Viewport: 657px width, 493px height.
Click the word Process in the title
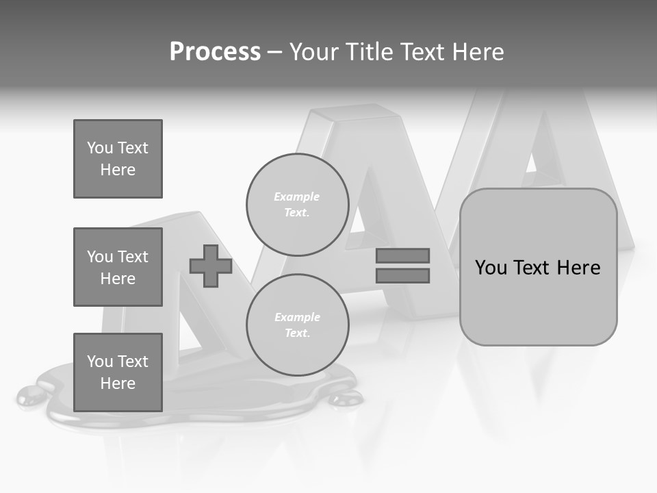(x=215, y=52)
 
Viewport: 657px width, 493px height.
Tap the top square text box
(x=118, y=159)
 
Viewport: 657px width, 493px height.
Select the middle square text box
(x=118, y=267)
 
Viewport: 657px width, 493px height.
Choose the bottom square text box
(x=118, y=372)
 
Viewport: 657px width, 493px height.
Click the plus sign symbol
(x=211, y=266)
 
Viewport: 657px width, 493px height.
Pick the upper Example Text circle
(x=297, y=205)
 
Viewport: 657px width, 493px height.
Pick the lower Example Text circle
(x=297, y=325)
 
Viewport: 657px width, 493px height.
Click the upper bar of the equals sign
(x=402, y=255)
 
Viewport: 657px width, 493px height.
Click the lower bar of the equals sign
(x=402, y=275)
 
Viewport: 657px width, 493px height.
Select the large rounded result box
(x=538, y=301)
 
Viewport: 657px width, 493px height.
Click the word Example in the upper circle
(x=296, y=197)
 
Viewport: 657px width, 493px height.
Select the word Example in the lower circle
(x=297, y=318)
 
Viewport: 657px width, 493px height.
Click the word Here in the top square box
(x=118, y=170)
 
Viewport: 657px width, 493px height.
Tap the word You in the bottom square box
(x=100, y=362)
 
